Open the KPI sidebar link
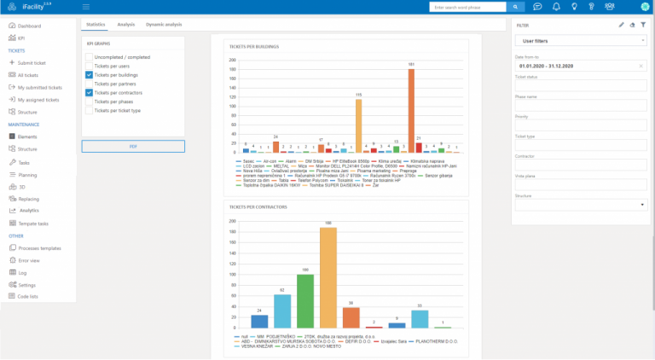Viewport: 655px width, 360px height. tap(21, 38)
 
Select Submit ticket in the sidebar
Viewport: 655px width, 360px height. tap(32, 63)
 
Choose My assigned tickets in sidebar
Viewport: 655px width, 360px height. tap(39, 99)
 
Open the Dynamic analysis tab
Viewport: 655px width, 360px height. tap(164, 25)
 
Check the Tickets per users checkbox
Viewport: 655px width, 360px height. tap(90, 66)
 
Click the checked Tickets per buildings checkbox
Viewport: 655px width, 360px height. tap(90, 75)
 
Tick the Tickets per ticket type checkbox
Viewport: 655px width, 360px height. tap(90, 110)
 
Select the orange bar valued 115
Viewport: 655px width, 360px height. tap(359, 125)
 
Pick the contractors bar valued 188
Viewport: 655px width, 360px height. tap(328, 278)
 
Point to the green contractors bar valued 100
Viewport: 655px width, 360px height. tap(305, 301)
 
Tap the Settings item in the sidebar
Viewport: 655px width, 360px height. tap(27, 284)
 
